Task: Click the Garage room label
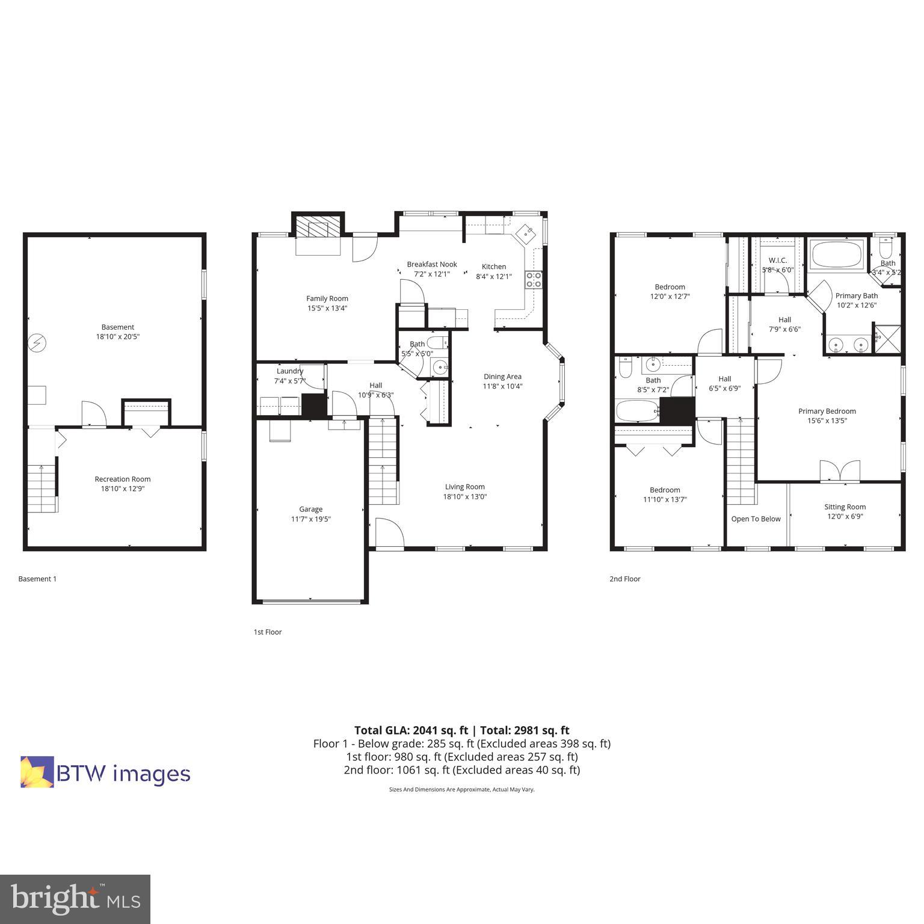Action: click(310, 510)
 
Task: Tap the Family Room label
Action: click(327, 298)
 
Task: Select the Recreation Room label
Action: click(122, 479)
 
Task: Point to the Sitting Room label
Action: click(845, 507)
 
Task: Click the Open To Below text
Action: click(756, 519)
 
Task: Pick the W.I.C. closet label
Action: click(777, 260)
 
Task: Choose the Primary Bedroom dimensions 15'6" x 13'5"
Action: click(827, 421)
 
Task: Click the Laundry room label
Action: click(290, 371)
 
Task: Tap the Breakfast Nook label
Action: click(431, 264)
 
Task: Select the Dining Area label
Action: click(502, 377)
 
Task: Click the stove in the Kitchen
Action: click(534, 280)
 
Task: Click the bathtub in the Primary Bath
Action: click(837, 255)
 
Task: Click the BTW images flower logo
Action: click(37, 772)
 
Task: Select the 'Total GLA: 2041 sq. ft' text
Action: click(411, 730)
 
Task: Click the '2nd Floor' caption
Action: click(624, 579)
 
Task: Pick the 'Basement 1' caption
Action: click(37, 579)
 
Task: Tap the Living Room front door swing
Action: click(388, 533)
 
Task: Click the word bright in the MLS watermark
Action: click(54, 898)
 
